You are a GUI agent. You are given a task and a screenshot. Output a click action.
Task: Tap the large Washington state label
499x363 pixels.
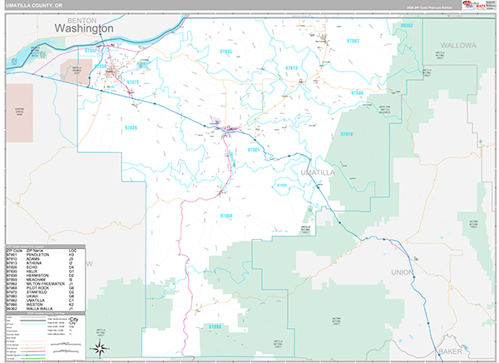pos(84,28)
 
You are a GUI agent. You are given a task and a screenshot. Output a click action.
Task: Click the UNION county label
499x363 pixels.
pos(402,271)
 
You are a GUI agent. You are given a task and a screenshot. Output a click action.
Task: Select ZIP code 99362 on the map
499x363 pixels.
pos(406,26)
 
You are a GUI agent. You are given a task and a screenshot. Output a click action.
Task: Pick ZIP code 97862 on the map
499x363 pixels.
pos(353,40)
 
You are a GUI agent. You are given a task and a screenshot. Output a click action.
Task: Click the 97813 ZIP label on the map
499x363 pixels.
pos(291,67)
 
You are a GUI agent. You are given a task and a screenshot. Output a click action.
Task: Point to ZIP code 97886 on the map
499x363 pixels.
pos(356,92)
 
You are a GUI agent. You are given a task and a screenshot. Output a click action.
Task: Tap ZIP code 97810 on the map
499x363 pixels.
pos(347,133)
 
